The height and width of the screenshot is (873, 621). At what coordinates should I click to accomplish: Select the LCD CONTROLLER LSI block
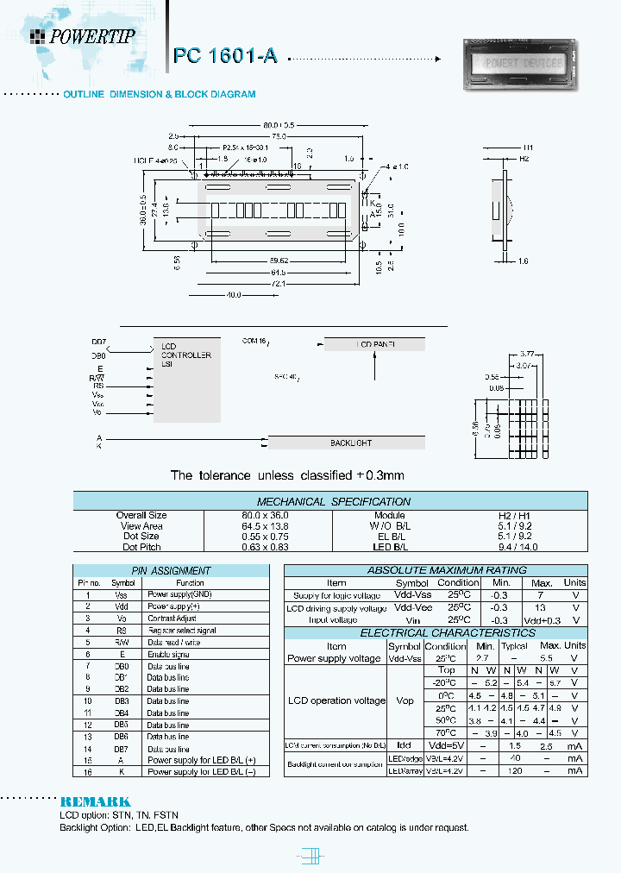coord(185,355)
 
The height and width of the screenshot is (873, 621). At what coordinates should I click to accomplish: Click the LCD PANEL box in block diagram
coord(374,344)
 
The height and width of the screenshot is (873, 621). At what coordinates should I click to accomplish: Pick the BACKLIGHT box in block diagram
coord(350,443)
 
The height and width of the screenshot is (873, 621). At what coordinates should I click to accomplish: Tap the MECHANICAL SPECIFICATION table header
coord(334,501)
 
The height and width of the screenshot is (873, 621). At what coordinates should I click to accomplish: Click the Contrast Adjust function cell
coord(172,619)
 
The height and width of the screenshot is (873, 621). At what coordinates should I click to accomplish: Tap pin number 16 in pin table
coord(87,772)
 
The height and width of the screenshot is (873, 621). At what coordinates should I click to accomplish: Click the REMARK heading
coord(95,801)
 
